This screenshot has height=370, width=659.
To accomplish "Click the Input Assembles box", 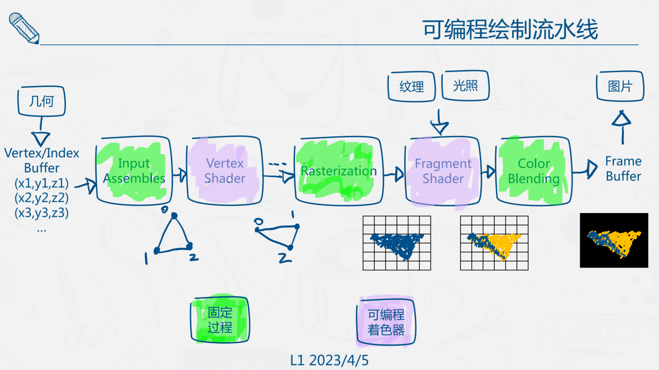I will (134, 171).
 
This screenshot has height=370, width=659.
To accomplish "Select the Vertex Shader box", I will (225, 171).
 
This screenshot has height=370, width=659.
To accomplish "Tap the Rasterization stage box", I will (338, 171).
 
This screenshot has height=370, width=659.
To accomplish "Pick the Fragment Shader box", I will (443, 171).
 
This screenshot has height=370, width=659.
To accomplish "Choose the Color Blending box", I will (533, 171).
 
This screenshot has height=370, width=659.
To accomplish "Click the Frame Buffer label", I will (623, 169).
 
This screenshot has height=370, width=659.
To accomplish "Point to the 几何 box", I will (42, 101).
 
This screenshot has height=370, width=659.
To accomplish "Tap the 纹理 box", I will (411, 86).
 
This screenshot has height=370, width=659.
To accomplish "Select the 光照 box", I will (465, 85).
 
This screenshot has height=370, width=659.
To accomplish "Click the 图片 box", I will (620, 86).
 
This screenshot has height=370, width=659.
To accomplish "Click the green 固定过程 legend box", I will (220, 320).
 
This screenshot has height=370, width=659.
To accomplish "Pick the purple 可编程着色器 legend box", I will (386, 322).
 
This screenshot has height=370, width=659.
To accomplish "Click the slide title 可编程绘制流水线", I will (510, 30).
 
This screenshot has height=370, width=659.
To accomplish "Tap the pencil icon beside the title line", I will (24, 28).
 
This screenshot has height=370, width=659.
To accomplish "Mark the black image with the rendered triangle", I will (614, 240).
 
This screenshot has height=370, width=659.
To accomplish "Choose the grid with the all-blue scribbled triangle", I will (396, 243).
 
